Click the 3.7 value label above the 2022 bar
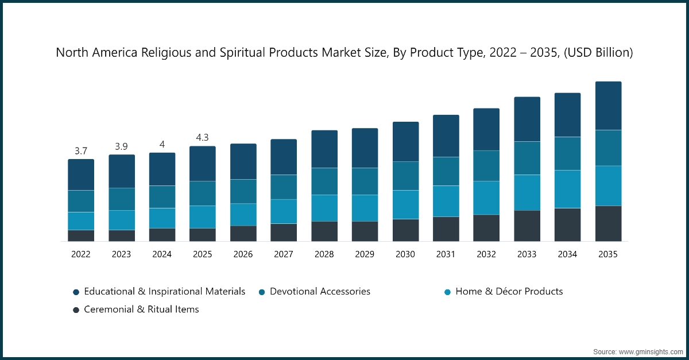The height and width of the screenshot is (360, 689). pos(81,151)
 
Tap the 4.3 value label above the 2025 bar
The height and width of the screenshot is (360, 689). pos(202,138)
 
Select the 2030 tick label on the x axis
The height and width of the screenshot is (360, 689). pos(405,254)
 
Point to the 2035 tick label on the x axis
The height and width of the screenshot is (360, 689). pos(607,254)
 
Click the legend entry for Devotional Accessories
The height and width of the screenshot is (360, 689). pos(320,291)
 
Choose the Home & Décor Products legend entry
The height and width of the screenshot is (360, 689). pos(509,291)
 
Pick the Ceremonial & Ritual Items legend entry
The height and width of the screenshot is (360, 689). pos(141,309)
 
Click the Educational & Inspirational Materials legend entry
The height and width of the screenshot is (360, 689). pos(164,291)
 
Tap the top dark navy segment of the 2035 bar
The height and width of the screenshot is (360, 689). pos(608,106)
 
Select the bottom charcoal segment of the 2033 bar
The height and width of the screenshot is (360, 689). pos(527,226)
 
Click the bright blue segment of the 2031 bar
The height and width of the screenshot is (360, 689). pos(446,201)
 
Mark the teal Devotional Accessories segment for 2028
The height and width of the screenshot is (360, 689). pos(324,181)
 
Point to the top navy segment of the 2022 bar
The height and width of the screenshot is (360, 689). pos(81,175)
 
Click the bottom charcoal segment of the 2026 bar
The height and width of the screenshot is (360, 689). pos(243,233)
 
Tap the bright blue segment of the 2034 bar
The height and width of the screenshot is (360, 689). pos(567,189)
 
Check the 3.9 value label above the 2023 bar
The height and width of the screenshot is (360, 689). pos(121,146)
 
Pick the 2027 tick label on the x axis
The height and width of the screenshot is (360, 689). pos(284,254)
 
